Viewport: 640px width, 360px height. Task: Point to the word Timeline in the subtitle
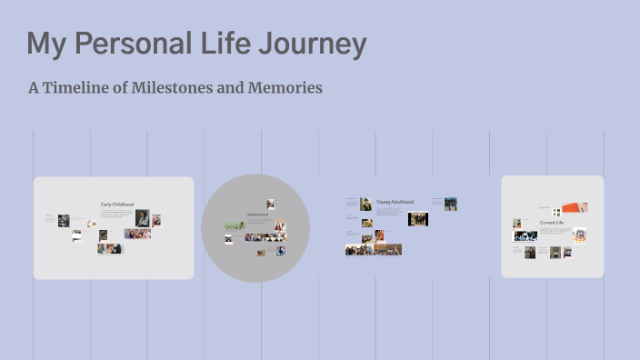click(81, 88)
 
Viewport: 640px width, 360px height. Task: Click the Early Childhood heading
click(117, 205)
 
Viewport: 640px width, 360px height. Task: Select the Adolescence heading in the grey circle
click(256, 215)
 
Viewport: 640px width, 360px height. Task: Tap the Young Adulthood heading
click(395, 201)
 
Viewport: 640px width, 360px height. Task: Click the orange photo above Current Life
click(575, 208)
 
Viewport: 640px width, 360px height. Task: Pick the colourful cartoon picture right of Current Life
click(579, 235)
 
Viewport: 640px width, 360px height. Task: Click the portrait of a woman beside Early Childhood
click(143, 218)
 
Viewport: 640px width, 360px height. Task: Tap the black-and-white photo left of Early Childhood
click(64, 220)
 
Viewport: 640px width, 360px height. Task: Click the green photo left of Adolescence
click(235, 225)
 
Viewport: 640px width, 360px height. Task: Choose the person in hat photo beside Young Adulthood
click(365, 204)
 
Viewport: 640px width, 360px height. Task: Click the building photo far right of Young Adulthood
click(451, 204)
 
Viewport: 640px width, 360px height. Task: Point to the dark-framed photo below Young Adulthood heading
click(418, 219)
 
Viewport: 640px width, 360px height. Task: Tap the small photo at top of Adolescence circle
click(270, 204)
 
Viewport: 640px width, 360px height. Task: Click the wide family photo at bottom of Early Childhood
click(110, 248)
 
